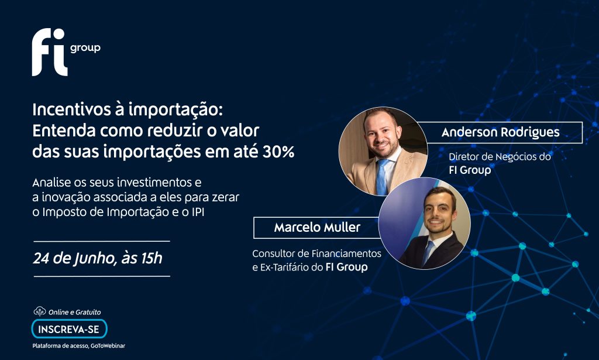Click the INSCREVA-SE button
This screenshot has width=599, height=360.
69,329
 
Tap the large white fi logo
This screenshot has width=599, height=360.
50,52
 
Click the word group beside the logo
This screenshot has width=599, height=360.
85,48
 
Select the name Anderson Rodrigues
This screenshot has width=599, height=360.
501,132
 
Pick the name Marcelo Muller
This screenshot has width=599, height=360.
317,227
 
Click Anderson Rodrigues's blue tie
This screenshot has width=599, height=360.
382,177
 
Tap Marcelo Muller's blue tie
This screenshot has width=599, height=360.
428,252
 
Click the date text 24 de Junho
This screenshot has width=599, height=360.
74,259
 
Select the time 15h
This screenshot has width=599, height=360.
152,258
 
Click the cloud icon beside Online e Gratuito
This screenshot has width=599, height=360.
40,311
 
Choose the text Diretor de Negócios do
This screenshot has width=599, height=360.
500,157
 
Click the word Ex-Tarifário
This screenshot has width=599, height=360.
285,267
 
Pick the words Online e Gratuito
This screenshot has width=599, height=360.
74,312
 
